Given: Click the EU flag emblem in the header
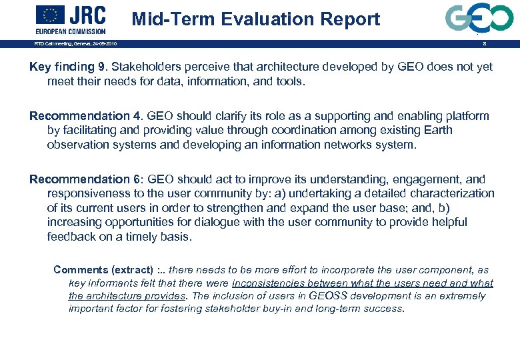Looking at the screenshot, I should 50,14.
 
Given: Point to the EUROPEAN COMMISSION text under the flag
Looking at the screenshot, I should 70,31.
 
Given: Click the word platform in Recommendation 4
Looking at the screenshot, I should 467,116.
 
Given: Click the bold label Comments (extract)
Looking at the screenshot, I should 102,270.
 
